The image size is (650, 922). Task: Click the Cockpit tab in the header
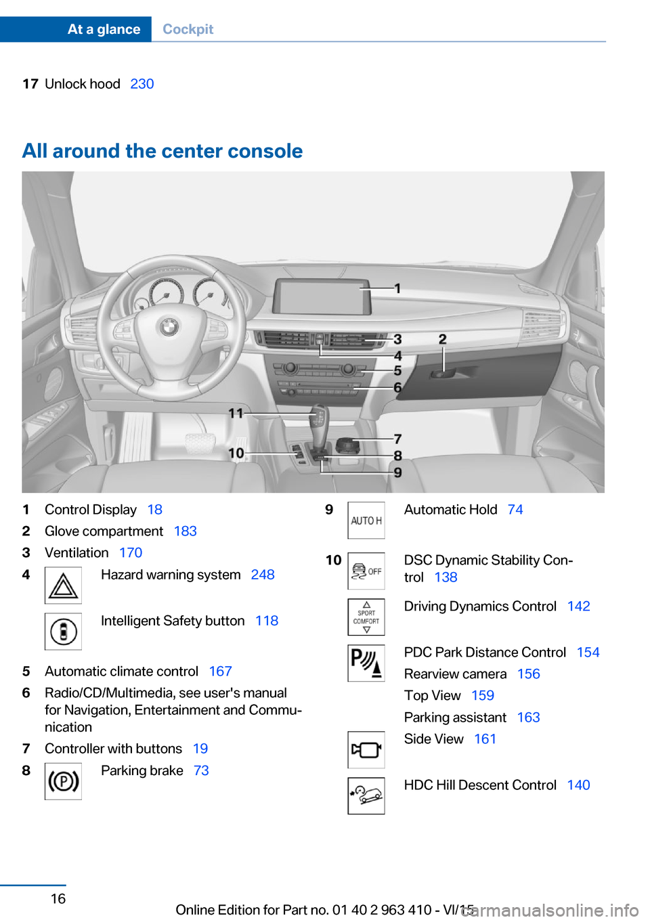click(188, 29)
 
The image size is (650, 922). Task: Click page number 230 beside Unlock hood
click(142, 84)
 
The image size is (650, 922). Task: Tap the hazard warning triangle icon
click(63, 586)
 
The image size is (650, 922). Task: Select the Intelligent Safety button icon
click(63, 632)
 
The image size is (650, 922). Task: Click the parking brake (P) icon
click(63, 781)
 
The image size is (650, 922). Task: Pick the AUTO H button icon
click(366, 521)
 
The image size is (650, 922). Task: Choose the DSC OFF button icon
click(366, 571)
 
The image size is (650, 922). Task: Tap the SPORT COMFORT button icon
click(366, 617)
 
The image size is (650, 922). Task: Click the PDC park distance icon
click(366, 663)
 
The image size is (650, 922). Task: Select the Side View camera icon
click(366, 749)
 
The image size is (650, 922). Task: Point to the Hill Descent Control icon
click(366, 795)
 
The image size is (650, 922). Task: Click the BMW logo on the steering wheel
click(169, 328)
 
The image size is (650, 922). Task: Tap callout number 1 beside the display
click(398, 288)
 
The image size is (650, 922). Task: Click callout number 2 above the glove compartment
click(442, 339)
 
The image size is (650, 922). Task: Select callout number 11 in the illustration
click(236, 413)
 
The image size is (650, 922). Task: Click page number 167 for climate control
click(220, 672)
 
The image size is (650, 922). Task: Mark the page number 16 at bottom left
click(58, 898)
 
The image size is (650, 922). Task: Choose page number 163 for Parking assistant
click(528, 718)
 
